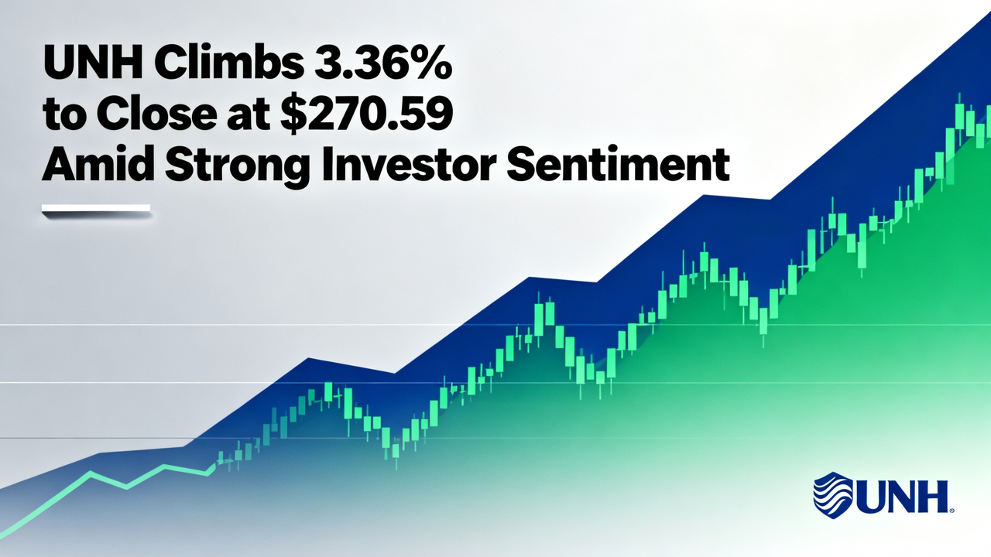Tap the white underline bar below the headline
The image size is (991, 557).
coord(95,208)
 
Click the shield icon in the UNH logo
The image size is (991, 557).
coord(833,493)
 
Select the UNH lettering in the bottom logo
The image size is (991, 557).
coord(901,495)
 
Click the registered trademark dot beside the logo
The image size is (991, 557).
coord(952,510)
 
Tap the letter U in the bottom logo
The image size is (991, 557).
coord(870,495)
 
